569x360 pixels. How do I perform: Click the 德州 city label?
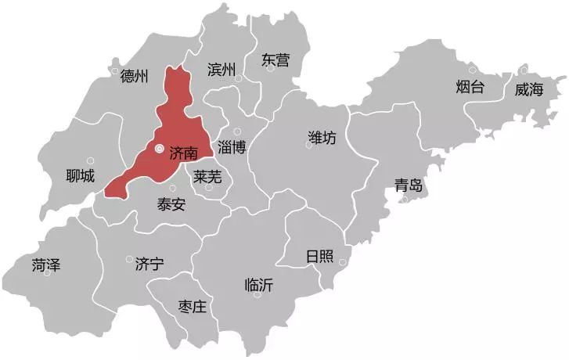[135, 77]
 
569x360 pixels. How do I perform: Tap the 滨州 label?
[221, 70]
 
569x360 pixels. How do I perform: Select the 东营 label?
[275, 59]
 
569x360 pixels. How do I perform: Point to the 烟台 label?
[470, 87]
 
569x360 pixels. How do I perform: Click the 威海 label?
[528, 89]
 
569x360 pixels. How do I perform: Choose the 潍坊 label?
[322, 138]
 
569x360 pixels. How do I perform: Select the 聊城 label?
[81, 176]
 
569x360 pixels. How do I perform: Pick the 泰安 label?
[171, 205]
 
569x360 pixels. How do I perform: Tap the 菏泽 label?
[46, 265]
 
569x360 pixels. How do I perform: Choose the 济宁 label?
[149, 263]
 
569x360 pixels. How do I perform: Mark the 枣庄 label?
[192, 306]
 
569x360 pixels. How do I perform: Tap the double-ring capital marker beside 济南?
[159, 148]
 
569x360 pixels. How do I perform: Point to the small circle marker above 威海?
[524, 72]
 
